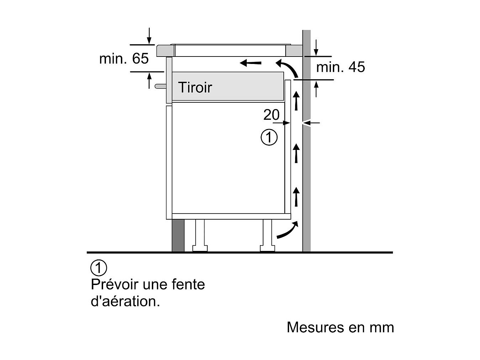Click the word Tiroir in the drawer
195,87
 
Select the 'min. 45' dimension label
341,67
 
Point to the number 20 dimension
271,114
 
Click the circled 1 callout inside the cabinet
269,138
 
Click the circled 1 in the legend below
98,268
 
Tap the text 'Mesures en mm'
340,327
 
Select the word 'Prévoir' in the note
114,284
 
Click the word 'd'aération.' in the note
125,301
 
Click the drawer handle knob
160,86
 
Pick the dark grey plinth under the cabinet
178,235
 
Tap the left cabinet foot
200,235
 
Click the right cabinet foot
267,235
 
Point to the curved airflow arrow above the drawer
289,67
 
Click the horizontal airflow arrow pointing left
251,63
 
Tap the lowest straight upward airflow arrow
296,197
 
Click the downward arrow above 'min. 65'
149,36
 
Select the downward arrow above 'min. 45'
316,48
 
